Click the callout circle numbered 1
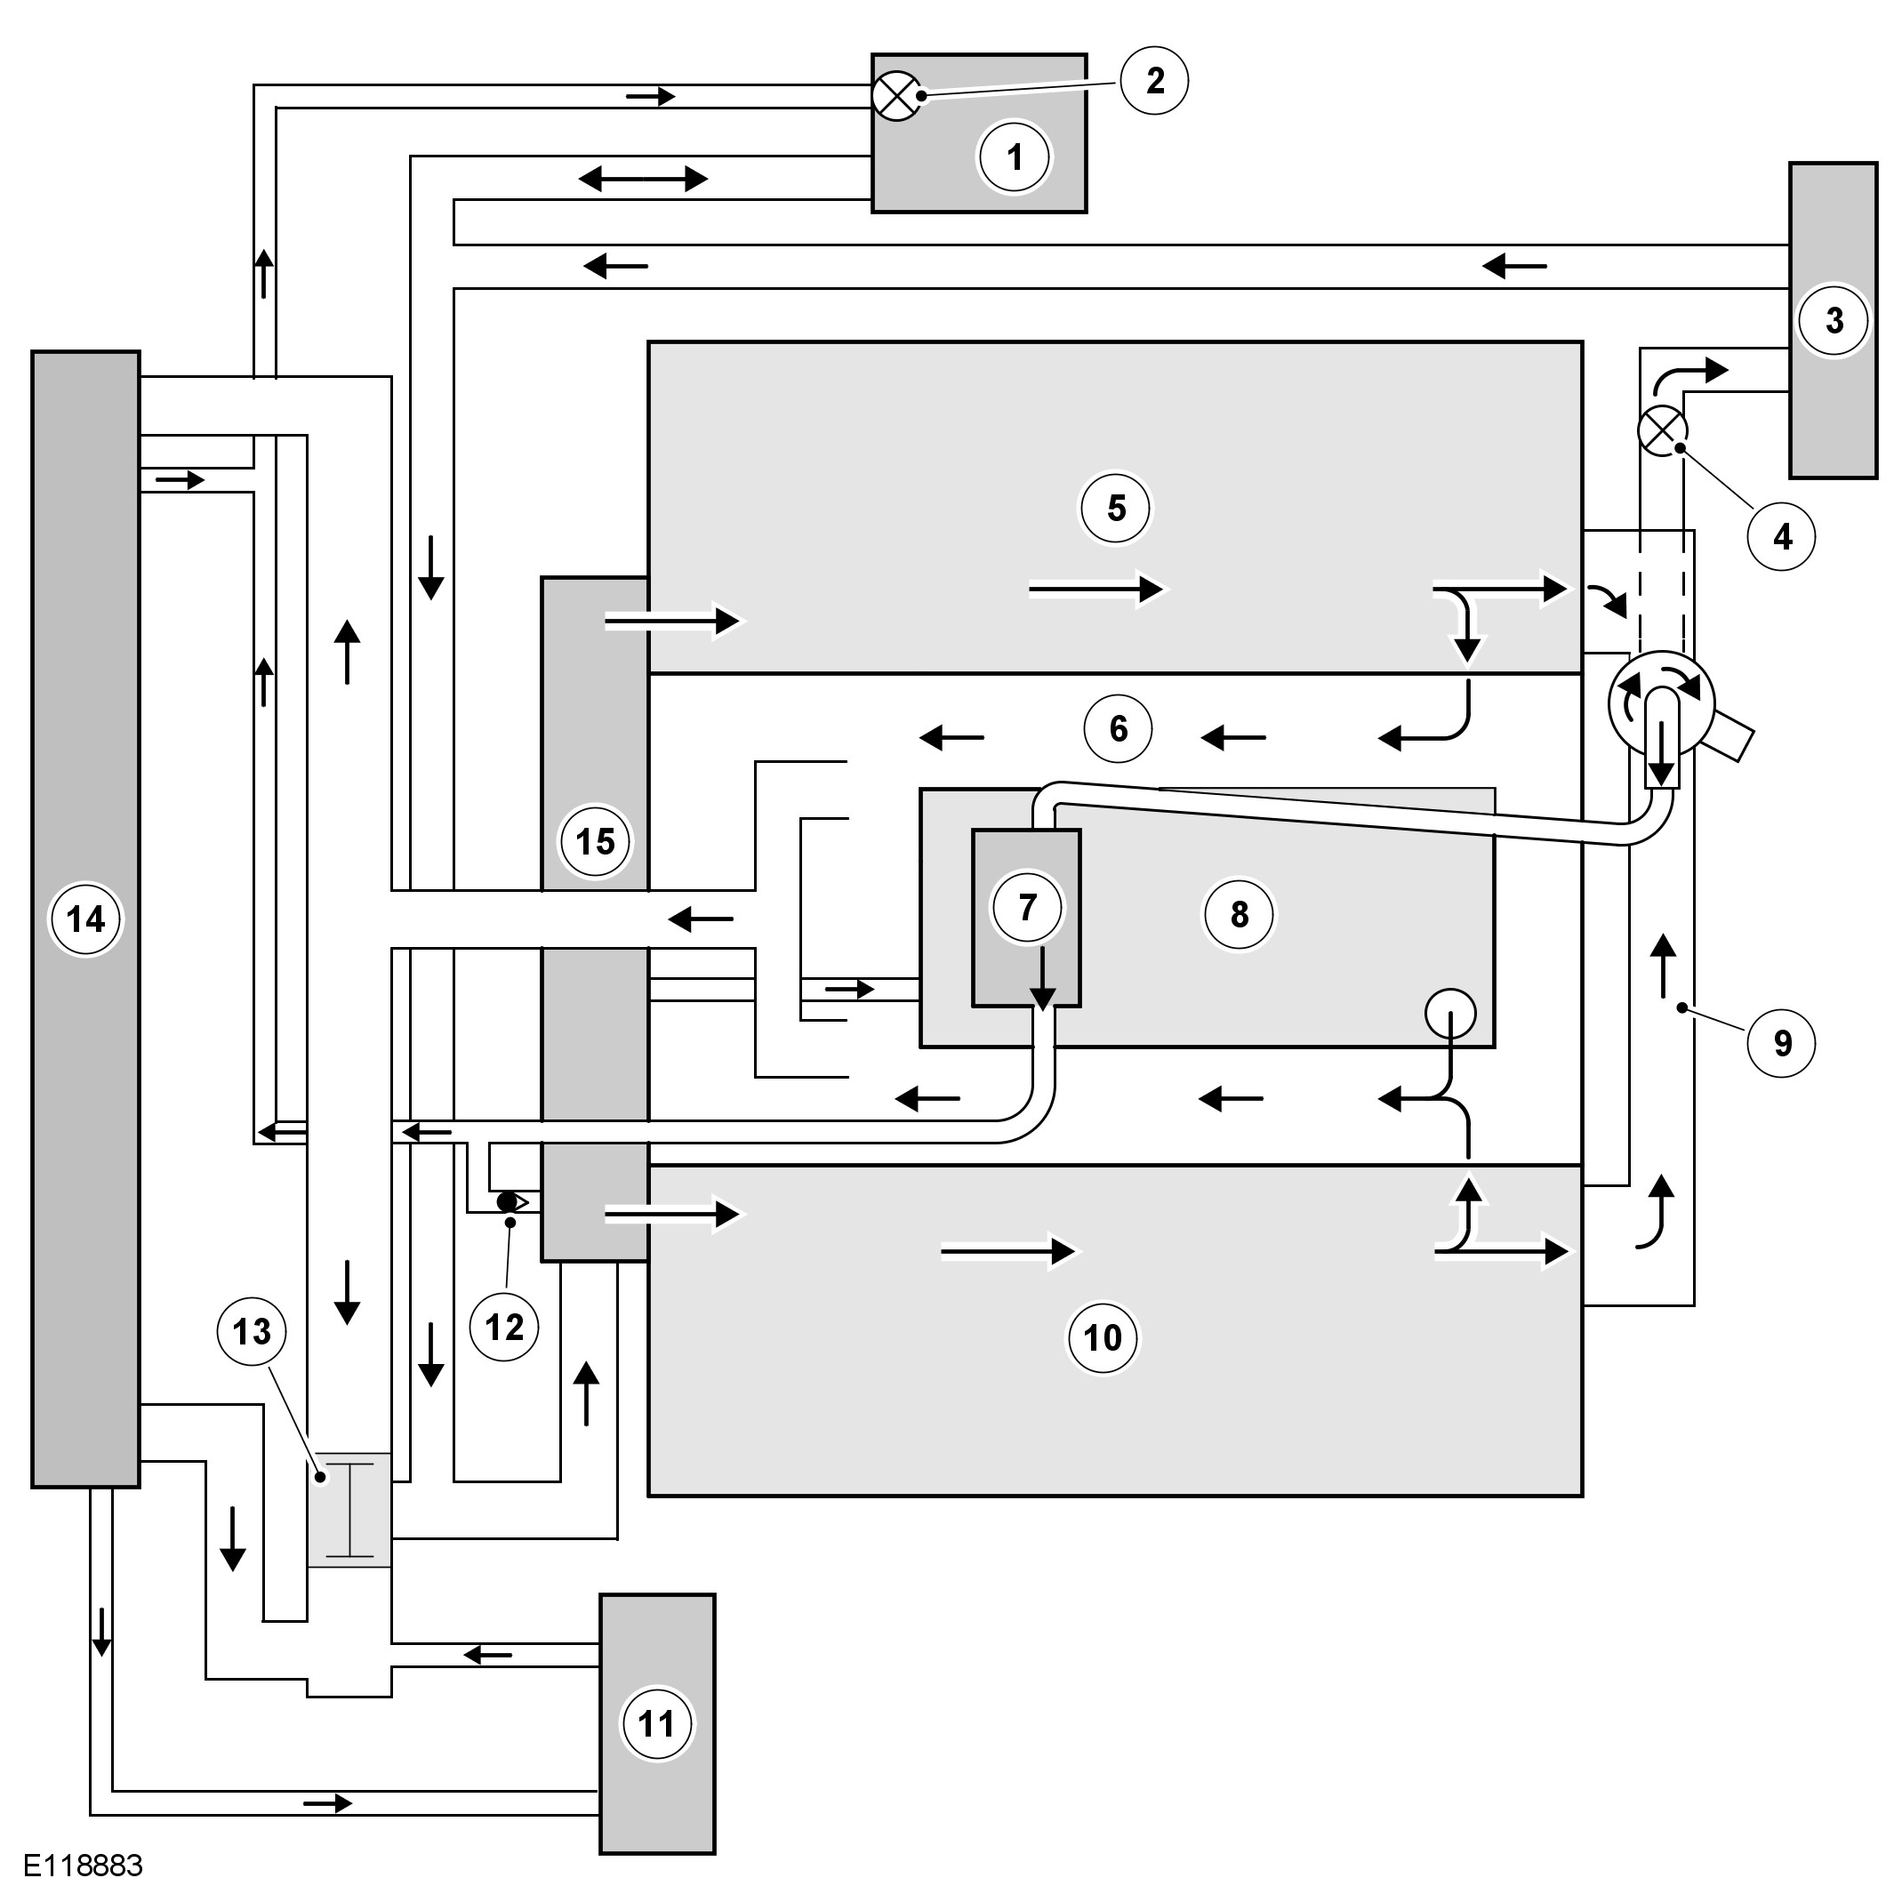[1014, 156]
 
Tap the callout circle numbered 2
[1155, 81]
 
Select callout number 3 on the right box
[1834, 320]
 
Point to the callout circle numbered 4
[1782, 536]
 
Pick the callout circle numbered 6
[1118, 728]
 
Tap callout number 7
[1027, 907]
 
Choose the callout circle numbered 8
[1239, 915]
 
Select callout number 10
[1103, 1337]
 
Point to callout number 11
[656, 1724]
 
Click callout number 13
[251, 1331]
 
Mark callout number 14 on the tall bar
[85, 919]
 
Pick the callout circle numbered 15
[595, 842]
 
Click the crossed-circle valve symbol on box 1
[897, 96]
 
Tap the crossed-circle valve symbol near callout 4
[1662, 430]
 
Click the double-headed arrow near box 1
[642, 180]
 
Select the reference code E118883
[84, 1866]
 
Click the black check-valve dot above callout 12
[507, 1202]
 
